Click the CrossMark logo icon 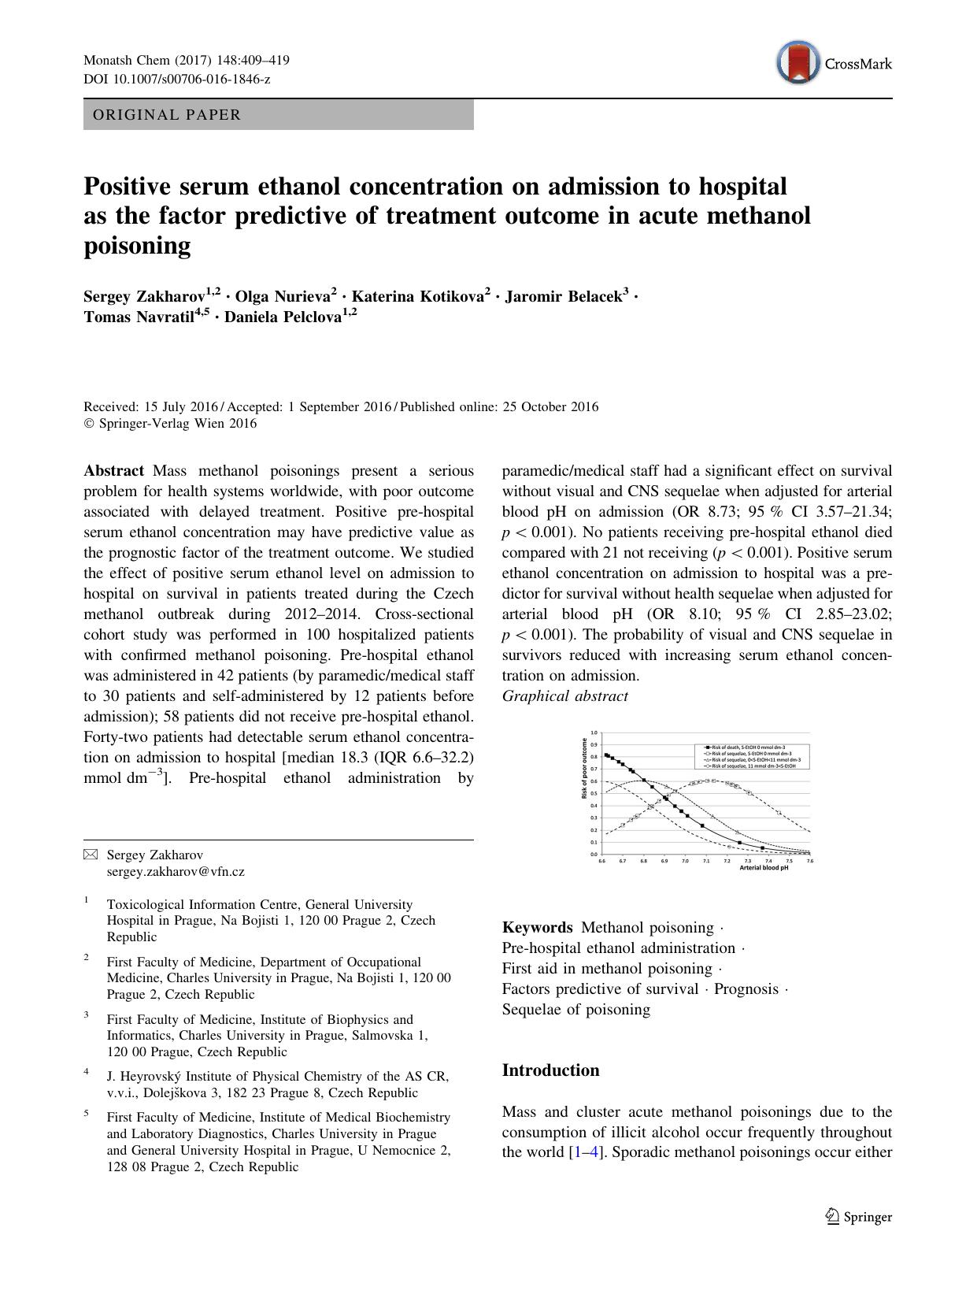pos(796,64)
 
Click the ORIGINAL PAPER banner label pos(167,115)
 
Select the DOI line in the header pos(176,80)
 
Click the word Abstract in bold pos(113,471)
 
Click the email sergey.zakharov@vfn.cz pos(176,872)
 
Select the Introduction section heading pos(550,1070)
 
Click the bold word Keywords pos(537,928)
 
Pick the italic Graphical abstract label pos(564,696)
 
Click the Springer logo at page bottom pos(859,1217)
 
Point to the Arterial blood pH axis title pos(764,868)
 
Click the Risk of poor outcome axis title pos(584,768)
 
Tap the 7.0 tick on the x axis pos(685,861)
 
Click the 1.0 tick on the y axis pos(594,732)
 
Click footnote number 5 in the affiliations pos(87,1114)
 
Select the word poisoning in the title pos(137,247)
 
